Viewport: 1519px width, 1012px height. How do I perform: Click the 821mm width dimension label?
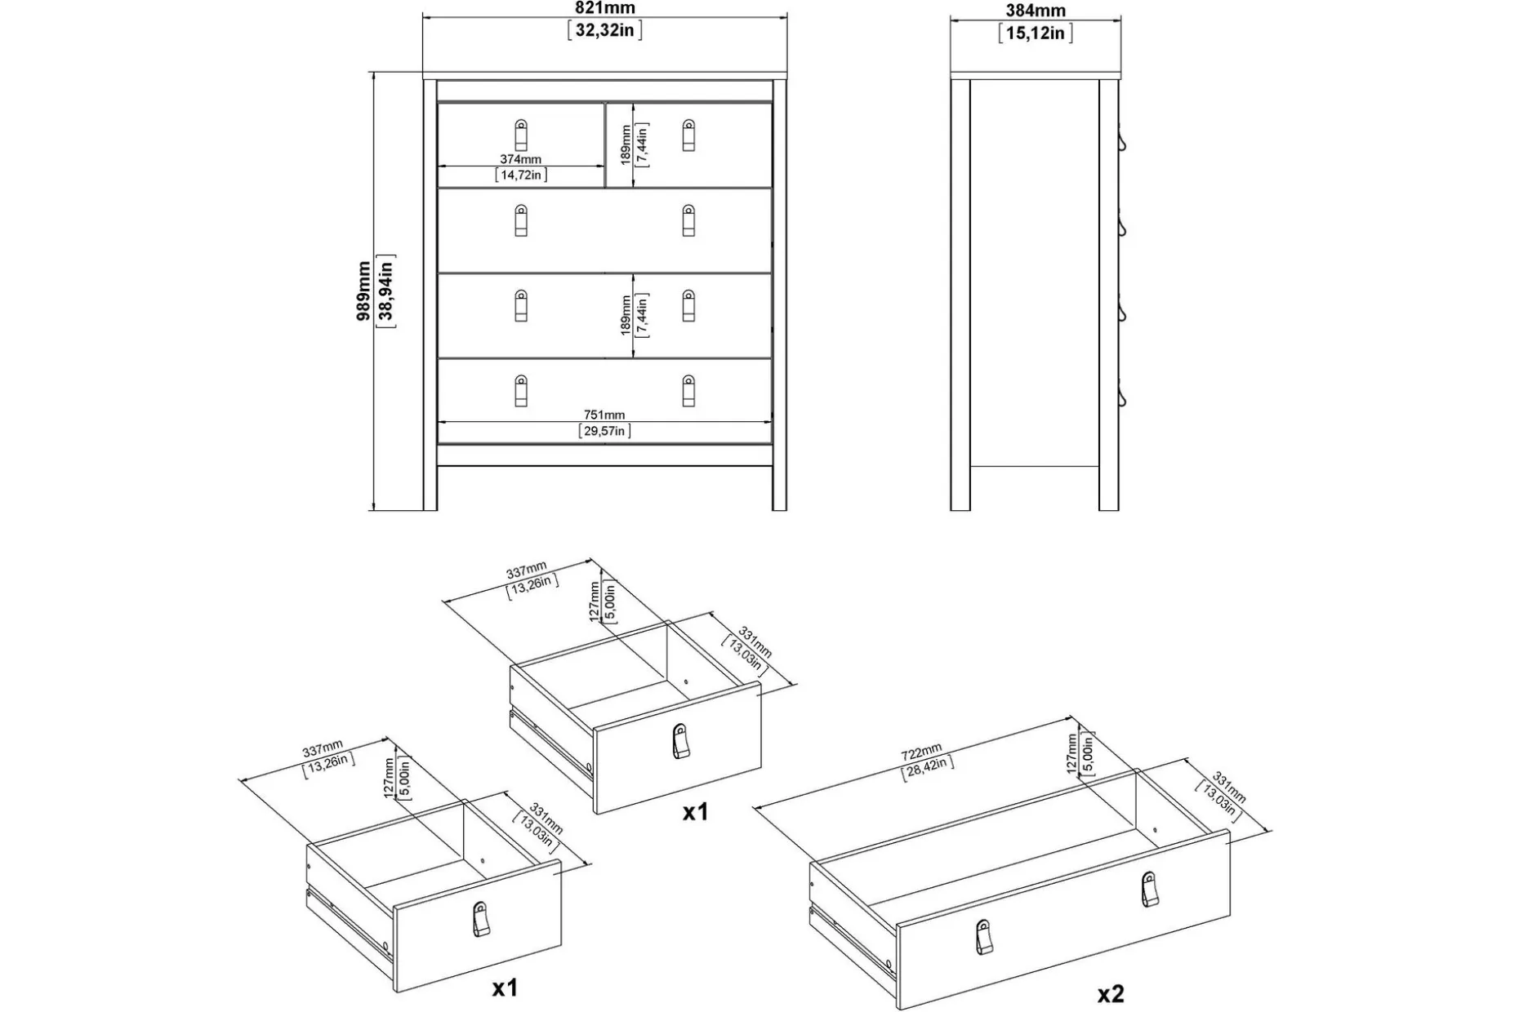605,8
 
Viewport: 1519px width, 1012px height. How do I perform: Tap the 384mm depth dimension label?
1036,11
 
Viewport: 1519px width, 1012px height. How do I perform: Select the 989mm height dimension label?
363,291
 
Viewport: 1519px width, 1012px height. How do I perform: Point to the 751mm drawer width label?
604,415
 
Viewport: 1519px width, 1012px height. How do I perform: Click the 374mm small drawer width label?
520,160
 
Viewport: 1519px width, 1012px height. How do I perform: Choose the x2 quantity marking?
1111,993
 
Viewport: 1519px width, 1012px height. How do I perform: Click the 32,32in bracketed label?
605,31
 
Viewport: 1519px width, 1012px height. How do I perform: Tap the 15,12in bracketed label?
1036,33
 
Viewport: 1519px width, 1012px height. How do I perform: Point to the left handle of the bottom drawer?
521,390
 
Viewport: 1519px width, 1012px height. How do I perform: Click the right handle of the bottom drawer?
688,390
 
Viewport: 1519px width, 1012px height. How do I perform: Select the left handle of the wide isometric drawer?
985,935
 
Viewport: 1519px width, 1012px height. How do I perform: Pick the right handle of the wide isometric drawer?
1149,889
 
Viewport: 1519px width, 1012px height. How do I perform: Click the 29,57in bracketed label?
604,431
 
